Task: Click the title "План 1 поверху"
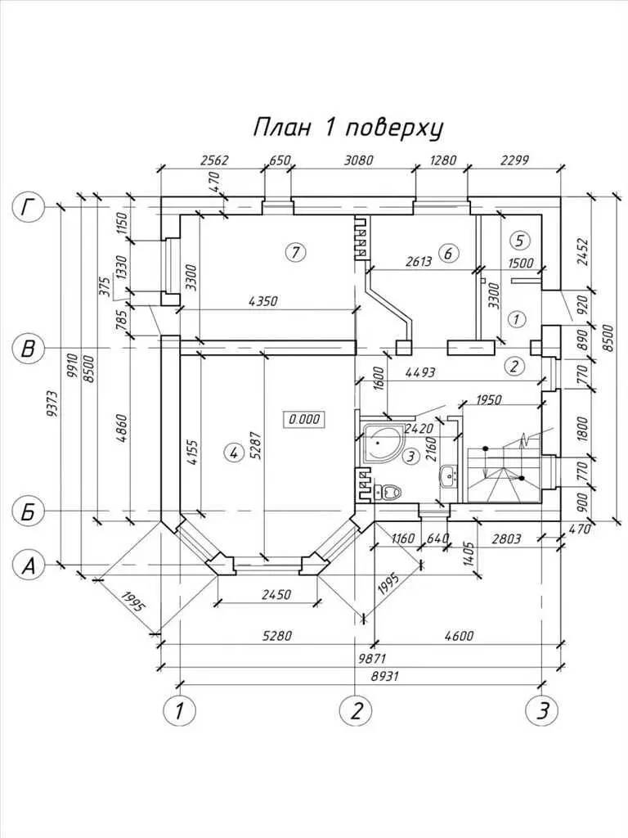point(348,128)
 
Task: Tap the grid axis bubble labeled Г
point(30,209)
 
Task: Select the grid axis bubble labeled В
point(29,349)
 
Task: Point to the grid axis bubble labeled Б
point(29,512)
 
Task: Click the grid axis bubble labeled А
point(30,565)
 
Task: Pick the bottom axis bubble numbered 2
point(357,710)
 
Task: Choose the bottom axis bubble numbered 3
point(538,710)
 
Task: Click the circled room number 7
point(295,252)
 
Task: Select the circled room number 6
point(446,253)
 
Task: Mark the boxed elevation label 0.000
point(304,419)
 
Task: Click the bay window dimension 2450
point(267,595)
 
